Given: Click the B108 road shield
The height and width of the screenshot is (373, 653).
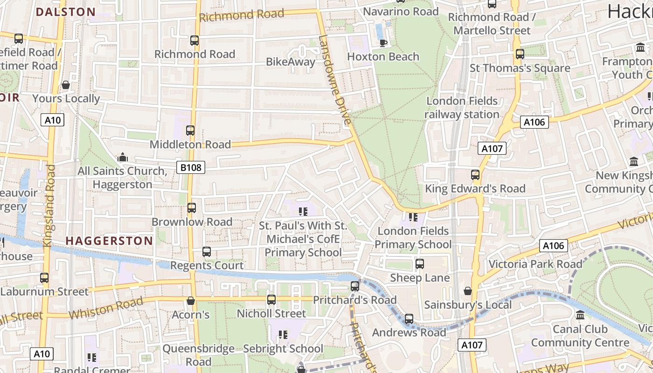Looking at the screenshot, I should (x=191, y=167).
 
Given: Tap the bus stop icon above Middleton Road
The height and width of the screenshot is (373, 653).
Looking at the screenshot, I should (x=190, y=131).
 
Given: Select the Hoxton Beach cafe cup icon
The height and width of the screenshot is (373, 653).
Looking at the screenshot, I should (x=383, y=43).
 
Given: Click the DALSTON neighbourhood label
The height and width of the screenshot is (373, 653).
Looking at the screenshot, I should (x=66, y=12).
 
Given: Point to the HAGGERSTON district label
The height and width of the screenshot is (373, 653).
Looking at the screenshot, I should (x=109, y=241).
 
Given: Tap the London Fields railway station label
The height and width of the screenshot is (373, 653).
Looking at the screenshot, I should (x=462, y=108).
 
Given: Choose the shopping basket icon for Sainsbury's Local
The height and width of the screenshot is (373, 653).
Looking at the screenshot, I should (x=468, y=291).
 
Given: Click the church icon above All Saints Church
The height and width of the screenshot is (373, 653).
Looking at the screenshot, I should (x=123, y=157).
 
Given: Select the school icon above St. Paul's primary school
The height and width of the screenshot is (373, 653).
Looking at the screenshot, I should (x=303, y=212).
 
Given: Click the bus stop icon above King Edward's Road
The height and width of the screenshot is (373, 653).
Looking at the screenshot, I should (x=475, y=175).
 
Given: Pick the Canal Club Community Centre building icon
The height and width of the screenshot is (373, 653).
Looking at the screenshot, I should (x=580, y=315).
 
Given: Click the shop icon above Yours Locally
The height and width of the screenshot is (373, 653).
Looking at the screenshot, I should (x=66, y=85).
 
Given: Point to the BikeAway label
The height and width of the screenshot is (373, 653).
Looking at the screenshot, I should (x=291, y=62).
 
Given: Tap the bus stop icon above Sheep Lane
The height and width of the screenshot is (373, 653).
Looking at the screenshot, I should (x=420, y=264).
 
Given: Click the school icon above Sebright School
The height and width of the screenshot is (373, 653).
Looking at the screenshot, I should (x=283, y=335).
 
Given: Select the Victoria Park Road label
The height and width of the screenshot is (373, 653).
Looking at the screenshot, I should (x=535, y=264).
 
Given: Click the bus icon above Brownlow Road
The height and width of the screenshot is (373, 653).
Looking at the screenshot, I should (x=192, y=208).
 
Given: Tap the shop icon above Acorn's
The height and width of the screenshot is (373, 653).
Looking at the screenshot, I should (x=190, y=301).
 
